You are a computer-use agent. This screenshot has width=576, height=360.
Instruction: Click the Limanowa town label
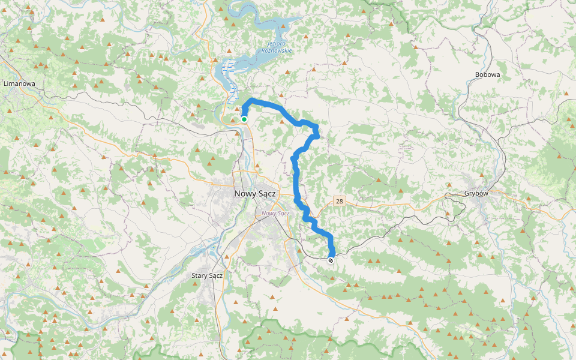[19, 83]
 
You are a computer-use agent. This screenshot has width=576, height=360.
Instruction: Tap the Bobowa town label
[487, 74]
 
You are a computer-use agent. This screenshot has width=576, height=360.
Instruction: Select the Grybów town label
[478, 194]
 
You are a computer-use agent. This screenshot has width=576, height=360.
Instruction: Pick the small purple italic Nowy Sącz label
[276, 213]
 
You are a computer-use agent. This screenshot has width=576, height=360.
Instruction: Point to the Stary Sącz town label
[207, 275]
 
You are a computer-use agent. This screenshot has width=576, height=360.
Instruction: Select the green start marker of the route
[244, 119]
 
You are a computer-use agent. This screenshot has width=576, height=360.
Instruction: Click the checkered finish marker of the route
[331, 260]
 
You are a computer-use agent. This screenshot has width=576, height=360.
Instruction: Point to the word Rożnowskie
[277, 51]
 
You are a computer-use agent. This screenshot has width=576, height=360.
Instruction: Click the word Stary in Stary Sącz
[199, 275]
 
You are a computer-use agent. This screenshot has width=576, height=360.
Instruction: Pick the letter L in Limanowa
[5, 83]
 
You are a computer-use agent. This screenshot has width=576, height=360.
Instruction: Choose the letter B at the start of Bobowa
[476, 74]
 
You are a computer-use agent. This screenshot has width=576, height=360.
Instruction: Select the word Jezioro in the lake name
[277, 44]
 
